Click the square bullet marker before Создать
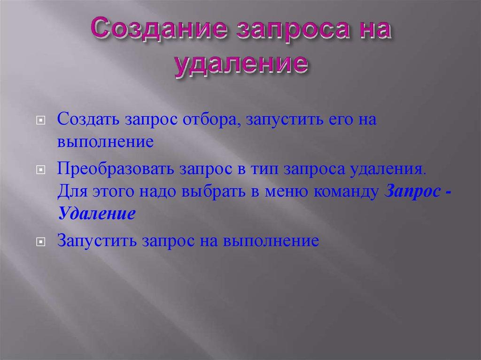tap(41, 121)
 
